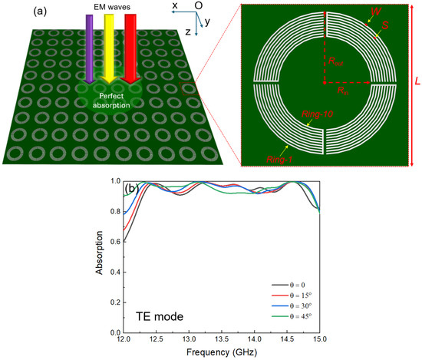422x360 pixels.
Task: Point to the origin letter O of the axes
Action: coord(199,6)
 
